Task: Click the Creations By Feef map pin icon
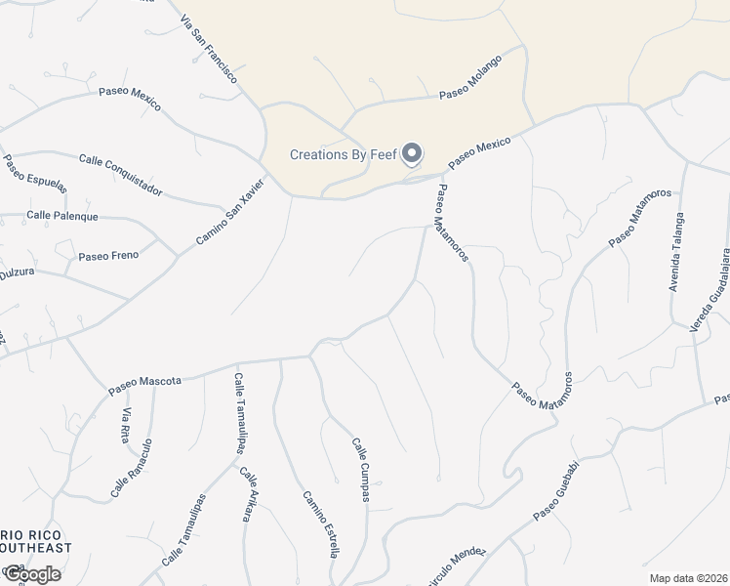coord(413,154)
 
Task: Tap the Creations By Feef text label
coord(345,155)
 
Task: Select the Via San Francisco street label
coord(209,48)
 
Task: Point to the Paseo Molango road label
coord(469,77)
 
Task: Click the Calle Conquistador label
coord(120,175)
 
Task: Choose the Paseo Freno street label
coord(108,256)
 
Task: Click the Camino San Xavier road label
coord(230,211)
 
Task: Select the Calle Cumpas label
coord(360,470)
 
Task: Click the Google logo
coord(31,573)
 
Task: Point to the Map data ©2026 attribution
coord(688,578)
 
